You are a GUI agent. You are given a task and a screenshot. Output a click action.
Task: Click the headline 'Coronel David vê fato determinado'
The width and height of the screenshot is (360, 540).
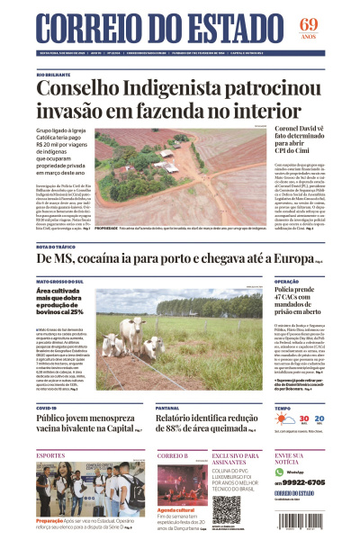(x=310, y=142)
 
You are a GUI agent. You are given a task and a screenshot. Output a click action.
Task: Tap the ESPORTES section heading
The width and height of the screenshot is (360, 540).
(x=51, y=455)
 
